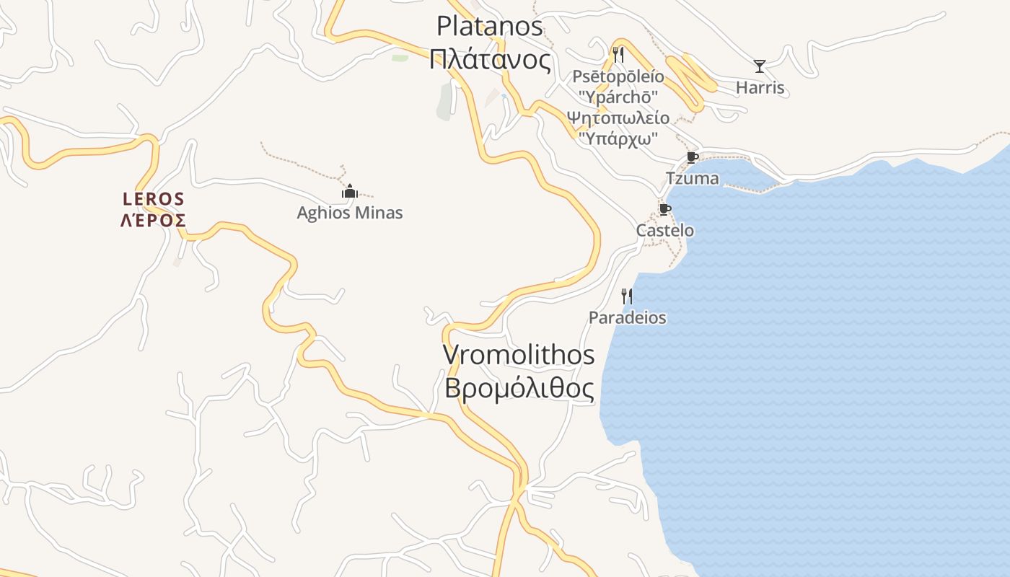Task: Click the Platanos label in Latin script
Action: (x=489, y=26)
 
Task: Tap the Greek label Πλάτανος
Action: (x=489, y=59)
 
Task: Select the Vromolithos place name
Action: (x=519, y=355)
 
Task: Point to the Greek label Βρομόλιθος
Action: (x=519, y=389)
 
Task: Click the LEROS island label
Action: (x=154, y=198)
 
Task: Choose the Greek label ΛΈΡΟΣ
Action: (x=154, y=220)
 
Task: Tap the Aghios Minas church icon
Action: (x=350, y=191)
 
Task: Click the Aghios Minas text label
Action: (x=350, y=213)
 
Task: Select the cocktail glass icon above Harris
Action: (x=760, y=66)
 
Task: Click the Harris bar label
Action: (x=760, y=88)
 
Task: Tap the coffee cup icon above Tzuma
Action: (x=692, y=157)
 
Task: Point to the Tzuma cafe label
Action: (x=692, y=178)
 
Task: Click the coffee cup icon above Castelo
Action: (x=664, y=210)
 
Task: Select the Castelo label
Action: (x=664, y=231)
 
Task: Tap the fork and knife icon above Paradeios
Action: (x=627, y=296)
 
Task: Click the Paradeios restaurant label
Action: (x=627, y=317)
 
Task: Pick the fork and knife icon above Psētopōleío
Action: (x=618, y=54)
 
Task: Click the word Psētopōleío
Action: (x=618, y=76)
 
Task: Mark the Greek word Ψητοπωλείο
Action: (x=618, y=118)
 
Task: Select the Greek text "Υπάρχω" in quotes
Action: (x=618, y=138)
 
